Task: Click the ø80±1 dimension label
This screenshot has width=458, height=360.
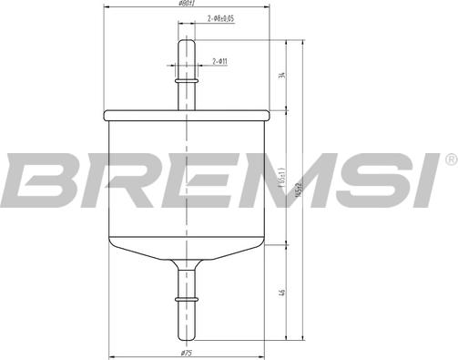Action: tap(188, 5)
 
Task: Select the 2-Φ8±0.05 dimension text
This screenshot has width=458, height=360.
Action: tap(221, 18)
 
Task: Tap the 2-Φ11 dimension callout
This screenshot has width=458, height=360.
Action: tap(219, 61)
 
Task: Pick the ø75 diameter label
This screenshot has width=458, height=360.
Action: tap(187, 352)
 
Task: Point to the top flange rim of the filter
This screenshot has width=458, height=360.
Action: tap(188, 116)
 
